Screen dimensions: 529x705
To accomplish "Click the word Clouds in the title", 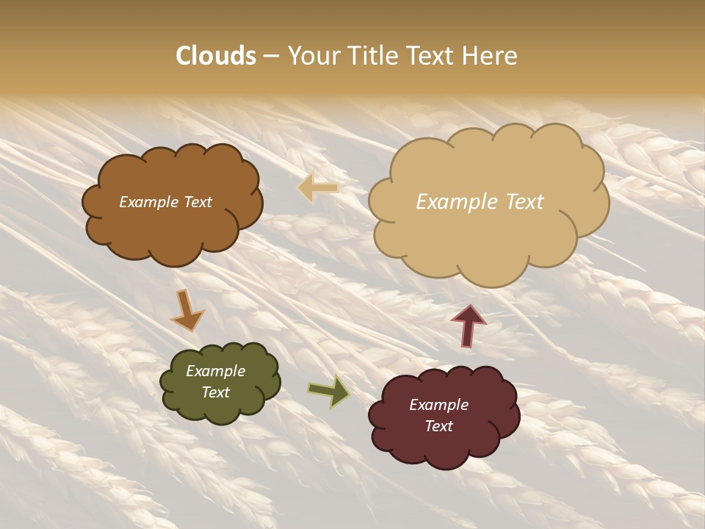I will (216, 56).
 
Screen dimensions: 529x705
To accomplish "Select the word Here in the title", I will (491, 56).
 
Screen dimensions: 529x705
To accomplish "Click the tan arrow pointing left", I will (317, 188).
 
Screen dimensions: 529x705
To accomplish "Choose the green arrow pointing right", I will (328, 392).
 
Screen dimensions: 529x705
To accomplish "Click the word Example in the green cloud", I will (215, 371).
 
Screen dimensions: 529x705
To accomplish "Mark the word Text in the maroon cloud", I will (438, 426).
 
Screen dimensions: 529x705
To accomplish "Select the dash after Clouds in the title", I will (270, 56).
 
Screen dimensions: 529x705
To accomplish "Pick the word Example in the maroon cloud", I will (438, 405).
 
